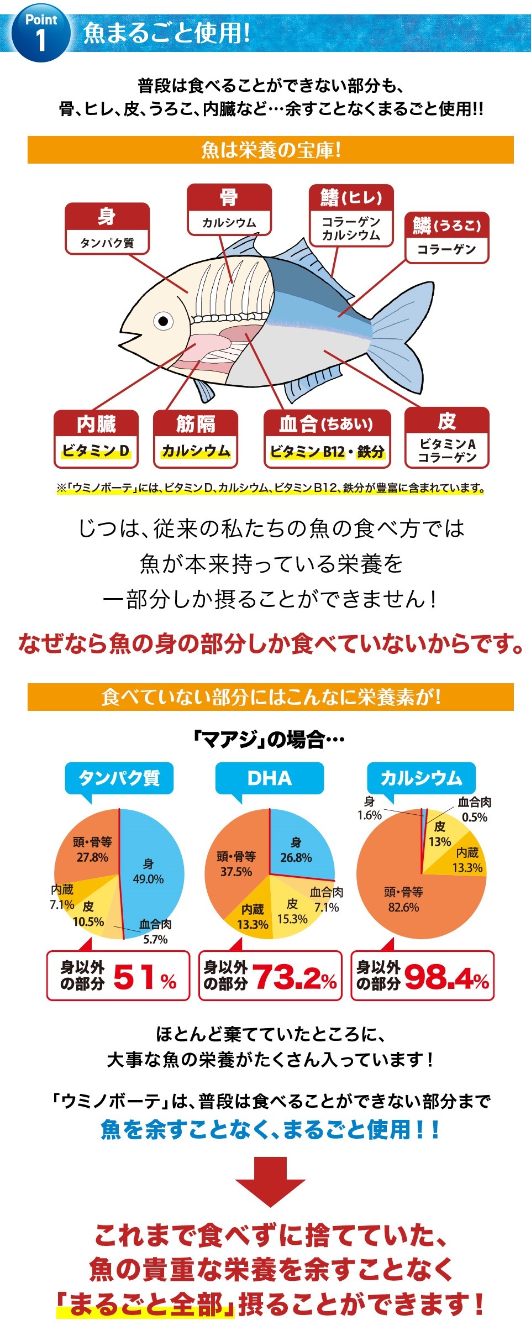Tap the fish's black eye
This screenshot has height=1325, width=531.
click(164, 321)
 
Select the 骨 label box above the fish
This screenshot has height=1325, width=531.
click(229, 210)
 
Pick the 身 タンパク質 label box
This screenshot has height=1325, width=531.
click(107, 228)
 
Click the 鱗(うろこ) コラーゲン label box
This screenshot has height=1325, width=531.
click(446, 237)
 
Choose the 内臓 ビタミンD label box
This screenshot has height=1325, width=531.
click(96, 439)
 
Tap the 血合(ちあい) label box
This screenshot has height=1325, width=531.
click(327, 439)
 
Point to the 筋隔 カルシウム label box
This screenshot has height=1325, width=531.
click(196, 439)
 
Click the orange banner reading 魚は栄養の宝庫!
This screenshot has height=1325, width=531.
click(271, 150)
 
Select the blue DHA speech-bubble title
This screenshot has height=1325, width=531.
click(269, 778)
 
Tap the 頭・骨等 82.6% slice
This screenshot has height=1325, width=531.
click(403, 901)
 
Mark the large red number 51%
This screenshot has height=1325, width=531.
click(144, 977)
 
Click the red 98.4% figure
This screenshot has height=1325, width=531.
click(446, 978)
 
